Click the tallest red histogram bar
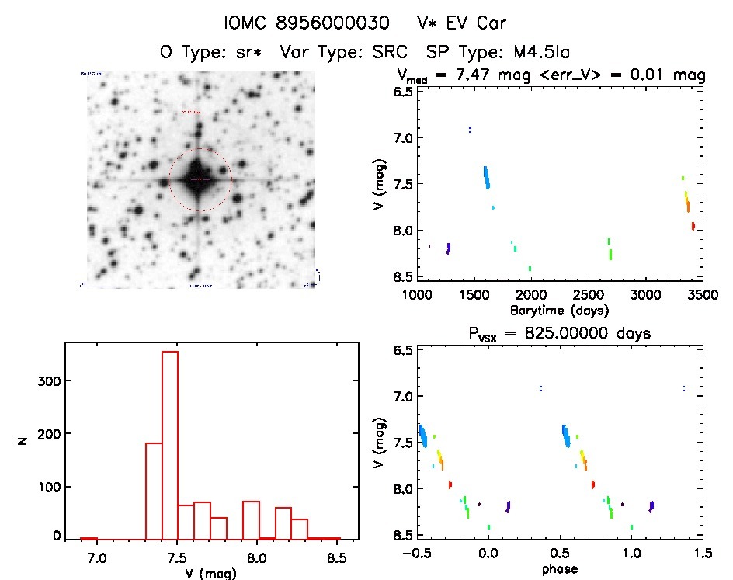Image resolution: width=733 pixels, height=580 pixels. (169, 444)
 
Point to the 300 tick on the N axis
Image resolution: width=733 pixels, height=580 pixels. (47, 380)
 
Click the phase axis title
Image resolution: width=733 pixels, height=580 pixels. (559, 569)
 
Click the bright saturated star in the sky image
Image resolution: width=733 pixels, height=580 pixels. (200, 179)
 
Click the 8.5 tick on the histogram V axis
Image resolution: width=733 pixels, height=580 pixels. (336, 557)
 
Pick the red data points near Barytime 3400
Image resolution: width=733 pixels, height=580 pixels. (693, 226)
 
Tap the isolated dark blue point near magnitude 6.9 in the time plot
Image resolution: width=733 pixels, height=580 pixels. (470, 129)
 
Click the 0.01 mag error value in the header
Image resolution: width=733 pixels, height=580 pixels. (651, 75)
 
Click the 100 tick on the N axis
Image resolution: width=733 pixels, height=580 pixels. (47, 487)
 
